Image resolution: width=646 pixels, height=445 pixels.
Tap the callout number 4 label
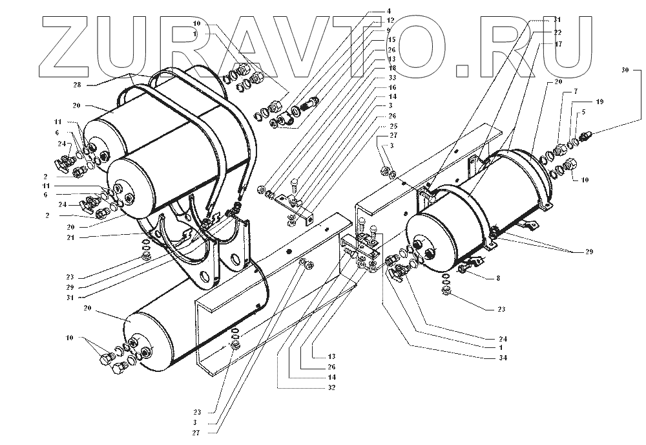[389, 11]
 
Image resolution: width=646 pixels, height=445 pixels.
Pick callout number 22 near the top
[557, 32]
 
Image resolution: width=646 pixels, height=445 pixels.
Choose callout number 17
[557, 44]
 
